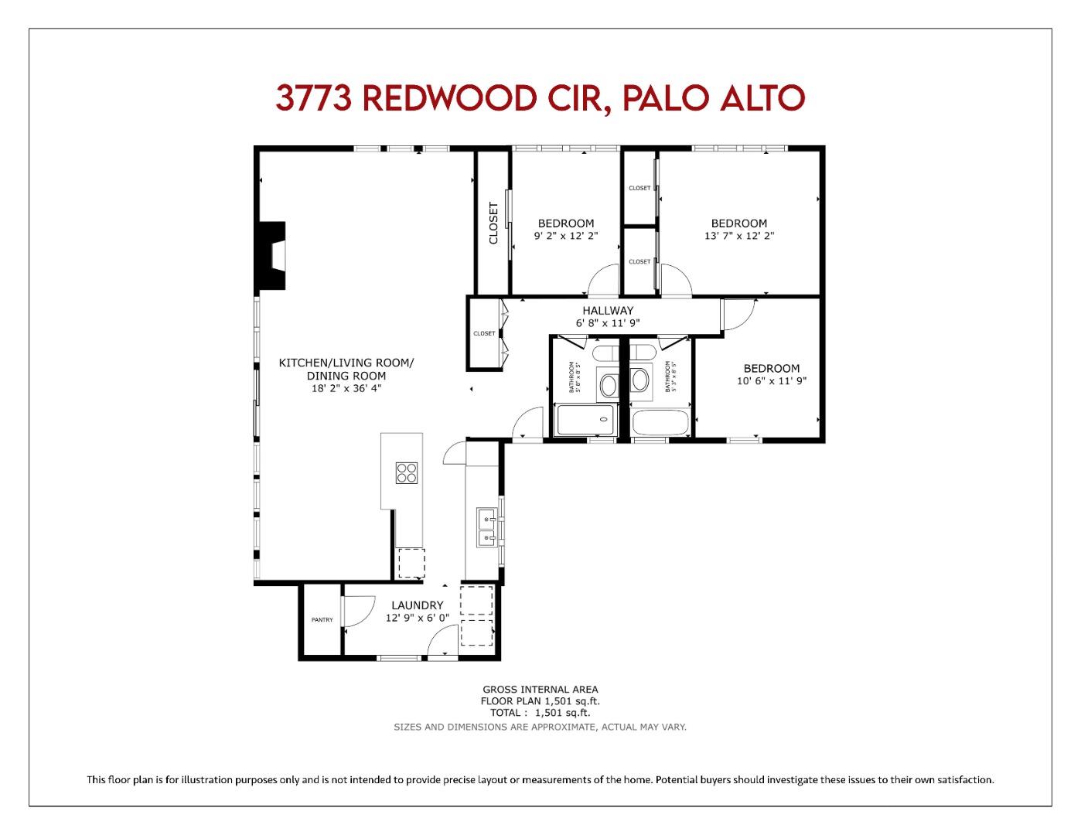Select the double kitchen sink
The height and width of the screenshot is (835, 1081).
tap(486, 528)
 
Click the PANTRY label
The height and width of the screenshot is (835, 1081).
tap(322, 620)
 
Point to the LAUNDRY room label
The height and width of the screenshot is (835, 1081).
tap(417, 605)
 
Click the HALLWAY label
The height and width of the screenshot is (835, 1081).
tap(608, 311)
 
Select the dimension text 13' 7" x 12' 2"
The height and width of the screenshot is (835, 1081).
tap(738, 236)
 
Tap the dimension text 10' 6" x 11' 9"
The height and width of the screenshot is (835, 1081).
tap(771, 381)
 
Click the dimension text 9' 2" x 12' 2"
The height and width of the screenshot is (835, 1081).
tap(565, 236)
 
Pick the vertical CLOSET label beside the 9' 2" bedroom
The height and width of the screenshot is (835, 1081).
tap(493, 223)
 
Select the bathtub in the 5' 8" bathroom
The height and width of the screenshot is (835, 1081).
tap(586, 421)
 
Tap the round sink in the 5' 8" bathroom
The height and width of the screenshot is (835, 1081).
tap(609, 384)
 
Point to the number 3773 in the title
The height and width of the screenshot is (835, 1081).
tap(313, 98)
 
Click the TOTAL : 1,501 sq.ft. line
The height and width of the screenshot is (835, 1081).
tap(540, 713)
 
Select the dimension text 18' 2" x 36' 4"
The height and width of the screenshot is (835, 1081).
tap(346, 389)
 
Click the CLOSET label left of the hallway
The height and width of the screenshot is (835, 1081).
tap(484, 333)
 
